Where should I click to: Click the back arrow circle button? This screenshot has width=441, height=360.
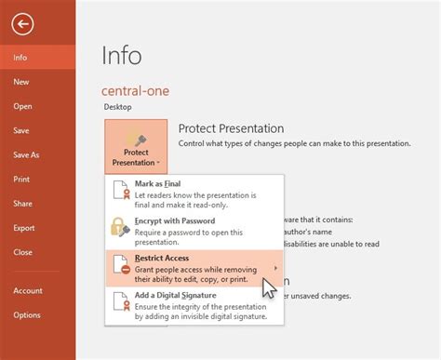[x=22, y=25]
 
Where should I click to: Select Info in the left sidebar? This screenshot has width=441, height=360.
[x=20, y=58]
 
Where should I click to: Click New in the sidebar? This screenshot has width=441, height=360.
[x=20, y=82]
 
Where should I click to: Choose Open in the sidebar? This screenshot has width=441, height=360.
[x=22, y=106]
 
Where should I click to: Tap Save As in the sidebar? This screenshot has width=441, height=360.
[x=26, y=155]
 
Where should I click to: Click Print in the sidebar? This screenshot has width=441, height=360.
[x=21, y=180]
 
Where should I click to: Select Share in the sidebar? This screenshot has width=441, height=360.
[x=22, y=204]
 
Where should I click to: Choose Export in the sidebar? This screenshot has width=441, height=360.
[x=23, y=228]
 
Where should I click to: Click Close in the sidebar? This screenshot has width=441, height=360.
[x=22, y=252]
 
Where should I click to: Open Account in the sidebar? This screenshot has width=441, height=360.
[x=27, y=290]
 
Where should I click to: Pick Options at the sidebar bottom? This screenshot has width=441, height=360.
[x=27, y=314]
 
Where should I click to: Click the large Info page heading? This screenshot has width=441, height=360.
[x=122, y=55]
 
